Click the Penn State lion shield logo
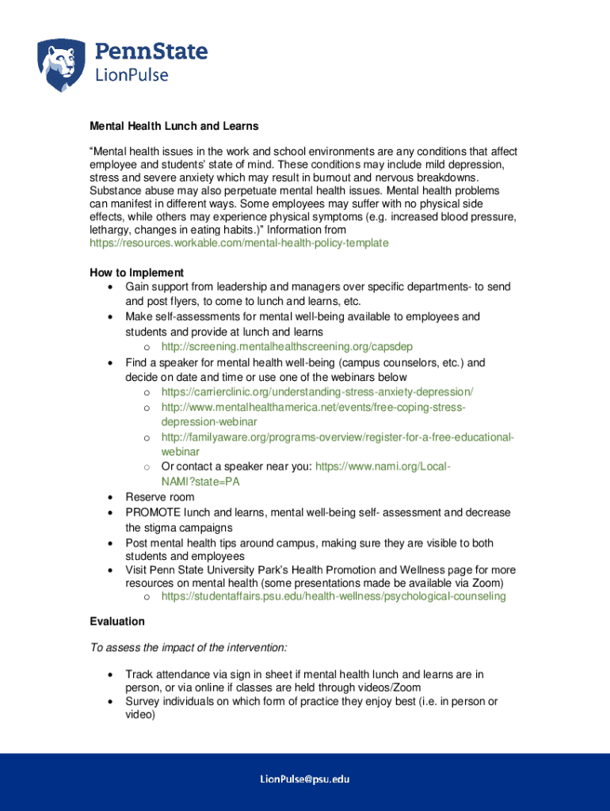(x=62, y=65)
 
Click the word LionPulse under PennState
(x=132, y=75)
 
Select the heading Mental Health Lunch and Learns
(x=173, y=126)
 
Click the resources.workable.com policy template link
(x=238, y=242)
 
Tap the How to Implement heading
(x=136, y=272)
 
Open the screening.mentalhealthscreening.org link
(x=286, y=347)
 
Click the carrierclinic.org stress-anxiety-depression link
(x=317, y=392)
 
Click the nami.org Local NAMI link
(x=383, y=466)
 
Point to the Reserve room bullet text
(x=159, y=497)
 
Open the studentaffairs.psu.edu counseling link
(x=333, y=596)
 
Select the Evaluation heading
(x=117, y=622)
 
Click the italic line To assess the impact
(x=189, y=648)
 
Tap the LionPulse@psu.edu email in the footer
(x=305, y=780)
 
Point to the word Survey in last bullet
(x=143, y=702)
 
